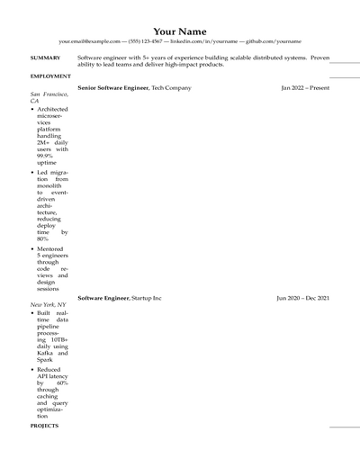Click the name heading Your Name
(x=180, y=31)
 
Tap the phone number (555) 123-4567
(x=145, y=41)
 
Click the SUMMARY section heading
(x=45, y=58)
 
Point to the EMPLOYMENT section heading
(x=50, y=76)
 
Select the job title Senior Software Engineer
(x=113, y=88)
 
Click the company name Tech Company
(x=171, y=88)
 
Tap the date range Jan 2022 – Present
(x=305, y=88)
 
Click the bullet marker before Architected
(x=33, y=110)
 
